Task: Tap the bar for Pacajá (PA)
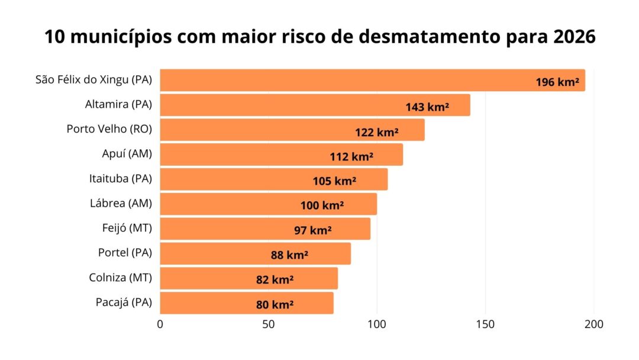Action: coord(246,303)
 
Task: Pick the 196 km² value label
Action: coord(557,82)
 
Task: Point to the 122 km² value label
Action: coord(376,132)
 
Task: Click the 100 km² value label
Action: coord(322,206)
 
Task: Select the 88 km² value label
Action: coord(289,255)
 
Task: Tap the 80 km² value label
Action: coord(275,305)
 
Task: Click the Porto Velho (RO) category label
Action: coord(109,129)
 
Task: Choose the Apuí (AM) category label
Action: coord(127,154)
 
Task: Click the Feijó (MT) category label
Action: coord(127,228)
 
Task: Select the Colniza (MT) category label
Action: coord(121,277)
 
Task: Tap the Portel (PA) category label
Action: coord(125,252)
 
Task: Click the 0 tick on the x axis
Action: coord(160,324)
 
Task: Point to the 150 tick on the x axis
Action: coord(485,324)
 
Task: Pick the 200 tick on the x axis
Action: coord(593,324)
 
